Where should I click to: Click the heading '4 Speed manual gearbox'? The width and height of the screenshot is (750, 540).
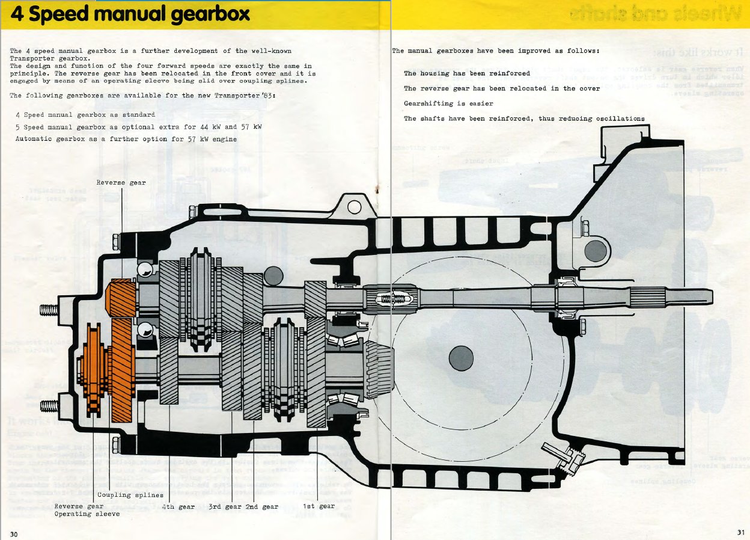click(x=130, y=14)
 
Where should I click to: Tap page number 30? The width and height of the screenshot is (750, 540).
click(x=14, y=534)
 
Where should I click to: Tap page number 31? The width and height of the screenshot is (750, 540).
click(x=740, y=532)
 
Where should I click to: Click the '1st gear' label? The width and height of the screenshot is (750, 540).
click(x=319, y=506)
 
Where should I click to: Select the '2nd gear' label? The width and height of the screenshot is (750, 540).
click(x=261, y=506)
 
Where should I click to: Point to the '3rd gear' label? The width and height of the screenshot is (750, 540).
click(x=225, y=506)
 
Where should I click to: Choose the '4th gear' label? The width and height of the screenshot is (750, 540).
click(x=178, y=506)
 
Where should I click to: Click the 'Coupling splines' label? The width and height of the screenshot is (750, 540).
click(x=130, y=495)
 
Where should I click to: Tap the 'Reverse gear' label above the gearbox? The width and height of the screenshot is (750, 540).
click(x=121, y=182)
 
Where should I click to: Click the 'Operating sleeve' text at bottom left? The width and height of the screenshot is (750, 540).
click(x=87, y=514)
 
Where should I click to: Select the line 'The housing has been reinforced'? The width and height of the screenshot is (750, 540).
click(x=467, y=73)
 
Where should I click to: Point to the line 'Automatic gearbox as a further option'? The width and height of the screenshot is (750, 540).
click(x=126, y=139)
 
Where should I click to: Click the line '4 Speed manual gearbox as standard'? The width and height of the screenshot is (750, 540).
click(x=85, y=114)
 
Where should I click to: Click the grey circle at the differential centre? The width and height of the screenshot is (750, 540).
click(x=461, y=358)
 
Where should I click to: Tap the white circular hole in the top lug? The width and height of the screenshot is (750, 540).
click(x=354, y=207)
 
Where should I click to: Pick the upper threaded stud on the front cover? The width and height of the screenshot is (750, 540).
click(x=49, y=310)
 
